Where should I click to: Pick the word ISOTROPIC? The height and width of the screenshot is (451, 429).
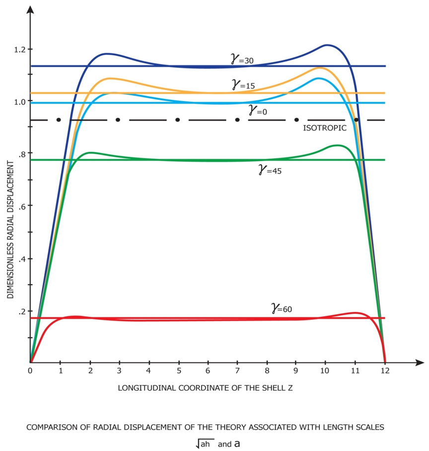coord(325,128)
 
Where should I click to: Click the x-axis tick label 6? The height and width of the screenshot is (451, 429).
coord(208,371)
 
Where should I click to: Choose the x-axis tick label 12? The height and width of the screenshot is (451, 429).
coord(385,371)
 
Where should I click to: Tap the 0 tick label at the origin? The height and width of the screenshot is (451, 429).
coord(30,371)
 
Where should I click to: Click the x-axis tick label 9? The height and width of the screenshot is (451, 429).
coord(296,371)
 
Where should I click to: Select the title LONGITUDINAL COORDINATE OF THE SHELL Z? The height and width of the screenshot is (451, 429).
coord(205,387)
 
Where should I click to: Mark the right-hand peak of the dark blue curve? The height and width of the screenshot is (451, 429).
coord(327,45)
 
